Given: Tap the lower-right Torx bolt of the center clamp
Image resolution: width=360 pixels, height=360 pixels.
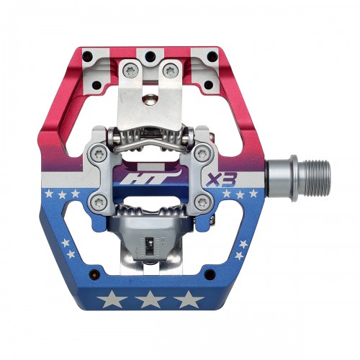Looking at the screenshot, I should tap(202, 204).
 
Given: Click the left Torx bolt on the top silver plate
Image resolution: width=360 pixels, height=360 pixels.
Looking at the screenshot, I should tap(130, 70).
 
